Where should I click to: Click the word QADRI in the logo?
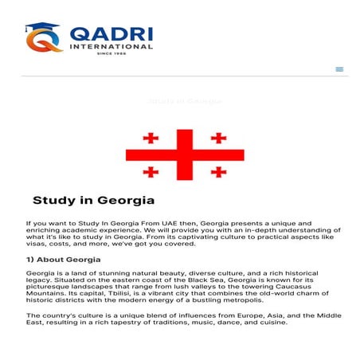click(111, 33)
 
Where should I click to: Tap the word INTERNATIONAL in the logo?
click(111, 46)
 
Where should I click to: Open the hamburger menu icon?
click(340, 69)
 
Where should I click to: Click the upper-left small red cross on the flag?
click(151, 139)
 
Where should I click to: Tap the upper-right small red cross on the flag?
click(218, 139)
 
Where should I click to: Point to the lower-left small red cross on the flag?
click(151, 171)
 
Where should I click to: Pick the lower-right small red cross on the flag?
click(218, 171)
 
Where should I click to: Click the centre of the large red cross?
click(185, 155)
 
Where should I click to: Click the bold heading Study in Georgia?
click(93, 200)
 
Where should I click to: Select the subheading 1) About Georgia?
click(63, 260)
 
